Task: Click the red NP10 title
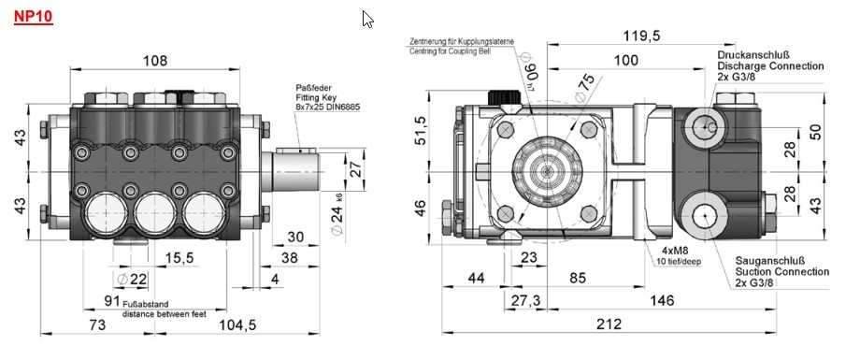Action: tap(33, 16)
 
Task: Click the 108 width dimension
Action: tap(155, 60)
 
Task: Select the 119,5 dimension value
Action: tap(641, 36)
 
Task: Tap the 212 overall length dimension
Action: tap(609, 324)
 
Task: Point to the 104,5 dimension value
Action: tap(237, 324)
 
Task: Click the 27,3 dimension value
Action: tap(525, 301)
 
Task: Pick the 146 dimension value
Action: tap(662, 300)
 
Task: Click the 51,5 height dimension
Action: tap(420, 131)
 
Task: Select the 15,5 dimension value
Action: tap(179, 257)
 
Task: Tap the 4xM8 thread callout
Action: tap(675, 251)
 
